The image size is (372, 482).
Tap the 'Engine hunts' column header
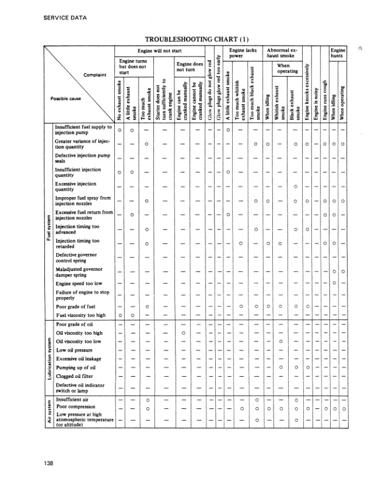pos(337,54)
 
